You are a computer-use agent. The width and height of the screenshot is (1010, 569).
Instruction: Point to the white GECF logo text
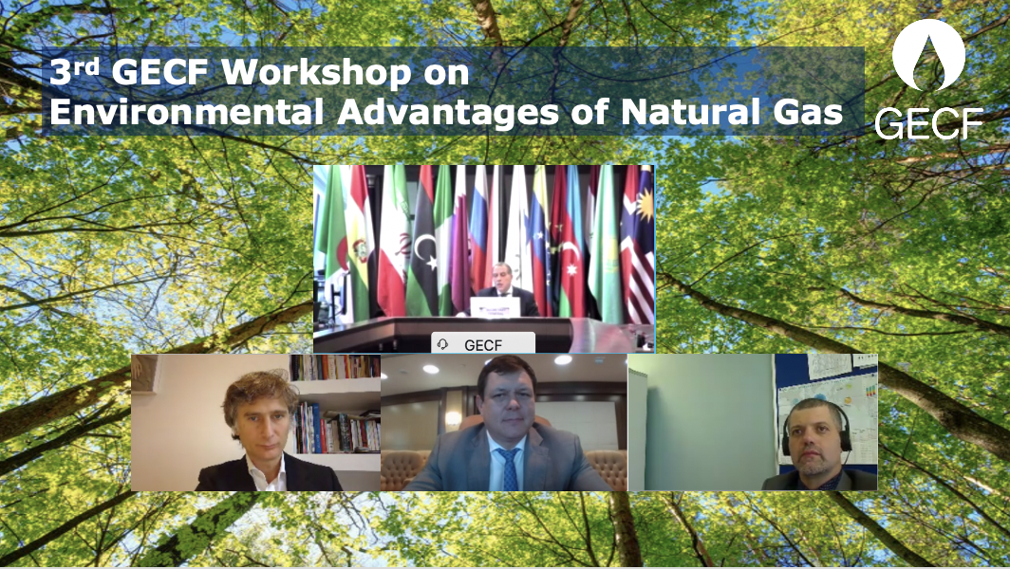pyautogui.click(x=928, y=123)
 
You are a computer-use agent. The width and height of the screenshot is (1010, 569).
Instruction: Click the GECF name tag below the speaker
pyautogui.click(x=483, y=344)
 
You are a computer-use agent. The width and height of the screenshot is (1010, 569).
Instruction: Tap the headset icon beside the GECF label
pyautogui.click(x=443, y=344)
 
